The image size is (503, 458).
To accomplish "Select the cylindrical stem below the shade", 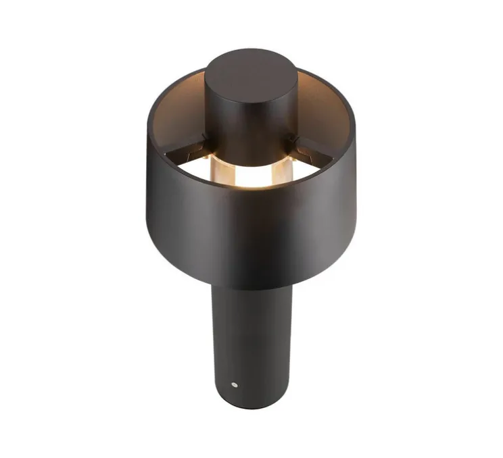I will [251, 331].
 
